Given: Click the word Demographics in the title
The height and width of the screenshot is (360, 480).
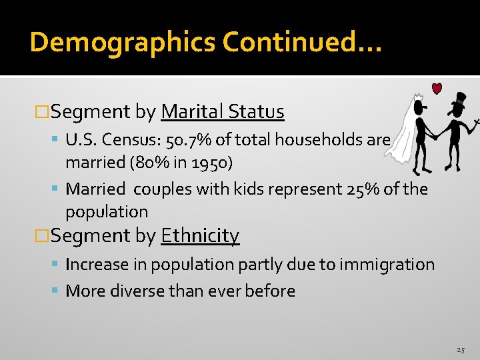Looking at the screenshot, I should tap(123, 43).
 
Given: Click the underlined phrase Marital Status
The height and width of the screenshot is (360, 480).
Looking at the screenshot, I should tap(223, 112).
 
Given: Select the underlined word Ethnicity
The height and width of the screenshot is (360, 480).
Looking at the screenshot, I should tap(200, 236).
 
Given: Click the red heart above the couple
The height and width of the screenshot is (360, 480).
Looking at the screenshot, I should tap(437, 89).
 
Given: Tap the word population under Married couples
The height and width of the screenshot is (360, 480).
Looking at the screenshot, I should tap(107, 212).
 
